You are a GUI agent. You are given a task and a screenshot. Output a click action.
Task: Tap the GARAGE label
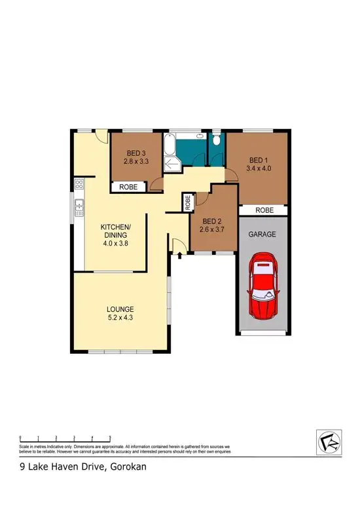click(x=262, y=234)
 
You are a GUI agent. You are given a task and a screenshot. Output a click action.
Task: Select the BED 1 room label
click(x=259, y=160)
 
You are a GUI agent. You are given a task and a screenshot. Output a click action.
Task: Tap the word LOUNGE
click(x=122, y=309)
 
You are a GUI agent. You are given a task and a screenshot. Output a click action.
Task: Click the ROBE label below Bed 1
click(x=264, y=210)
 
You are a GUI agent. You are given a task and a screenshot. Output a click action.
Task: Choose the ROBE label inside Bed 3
click(x=128, y=187)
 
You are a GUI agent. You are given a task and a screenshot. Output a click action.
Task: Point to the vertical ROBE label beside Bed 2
click(x=187, y=202)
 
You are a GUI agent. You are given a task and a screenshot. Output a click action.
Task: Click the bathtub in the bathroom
click(x=169, y=145)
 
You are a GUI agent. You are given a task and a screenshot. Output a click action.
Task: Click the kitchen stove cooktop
click(x=79, y=185)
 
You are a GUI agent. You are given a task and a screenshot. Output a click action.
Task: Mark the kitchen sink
click(x=79, y=208)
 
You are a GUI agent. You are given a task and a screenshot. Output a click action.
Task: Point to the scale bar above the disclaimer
click(x=65, y=436)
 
